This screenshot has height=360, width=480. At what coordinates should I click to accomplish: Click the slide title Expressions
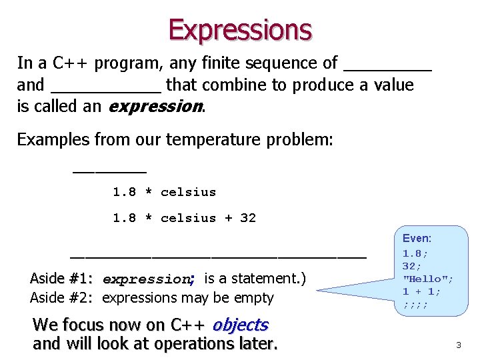point(240,30)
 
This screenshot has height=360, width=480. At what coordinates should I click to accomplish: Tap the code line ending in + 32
point(184,218)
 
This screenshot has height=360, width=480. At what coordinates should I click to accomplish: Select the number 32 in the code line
point(248,218)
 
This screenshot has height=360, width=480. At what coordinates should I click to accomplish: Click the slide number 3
point(458,345)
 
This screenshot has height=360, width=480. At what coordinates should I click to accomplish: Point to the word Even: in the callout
point(417,238)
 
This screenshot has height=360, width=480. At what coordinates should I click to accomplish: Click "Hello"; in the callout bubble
point(428,279)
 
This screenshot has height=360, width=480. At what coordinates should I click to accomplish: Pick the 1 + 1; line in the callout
point(421,291)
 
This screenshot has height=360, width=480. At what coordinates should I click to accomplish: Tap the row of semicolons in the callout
point(415,305)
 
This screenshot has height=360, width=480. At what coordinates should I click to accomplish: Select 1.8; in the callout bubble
point(415,253)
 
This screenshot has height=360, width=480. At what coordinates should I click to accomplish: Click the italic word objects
point(240,325)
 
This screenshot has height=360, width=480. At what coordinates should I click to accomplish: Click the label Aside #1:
point(61,279)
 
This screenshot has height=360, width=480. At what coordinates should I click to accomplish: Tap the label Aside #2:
point(61,298)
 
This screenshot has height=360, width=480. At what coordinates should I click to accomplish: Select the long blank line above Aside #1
point(218,257)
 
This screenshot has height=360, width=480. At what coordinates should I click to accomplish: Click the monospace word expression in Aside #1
point(147,279)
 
